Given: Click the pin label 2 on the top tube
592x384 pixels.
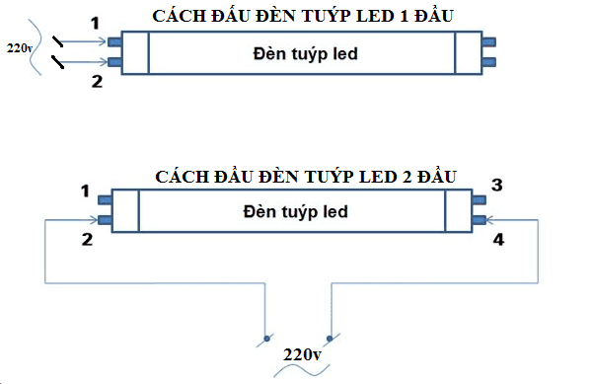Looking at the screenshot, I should click(96, 82).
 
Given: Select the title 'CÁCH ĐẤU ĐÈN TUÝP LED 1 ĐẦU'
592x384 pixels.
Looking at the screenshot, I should click(303, 17).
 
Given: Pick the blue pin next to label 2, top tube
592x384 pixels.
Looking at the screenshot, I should click(113, 63).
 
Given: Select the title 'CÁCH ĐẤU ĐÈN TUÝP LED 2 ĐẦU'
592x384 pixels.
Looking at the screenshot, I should click(306, 178).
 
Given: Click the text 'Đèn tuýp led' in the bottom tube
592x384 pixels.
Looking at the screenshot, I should click(293, 212).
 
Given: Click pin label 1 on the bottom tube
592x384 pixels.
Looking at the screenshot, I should click(84, 190).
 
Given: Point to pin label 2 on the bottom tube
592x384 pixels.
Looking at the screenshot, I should click(87, 239).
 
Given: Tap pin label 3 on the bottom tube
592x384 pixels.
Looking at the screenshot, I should click(497, 186).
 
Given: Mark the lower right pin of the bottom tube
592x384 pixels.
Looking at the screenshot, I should click(480, 219).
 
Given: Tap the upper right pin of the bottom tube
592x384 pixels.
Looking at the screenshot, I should click(480, 199).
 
